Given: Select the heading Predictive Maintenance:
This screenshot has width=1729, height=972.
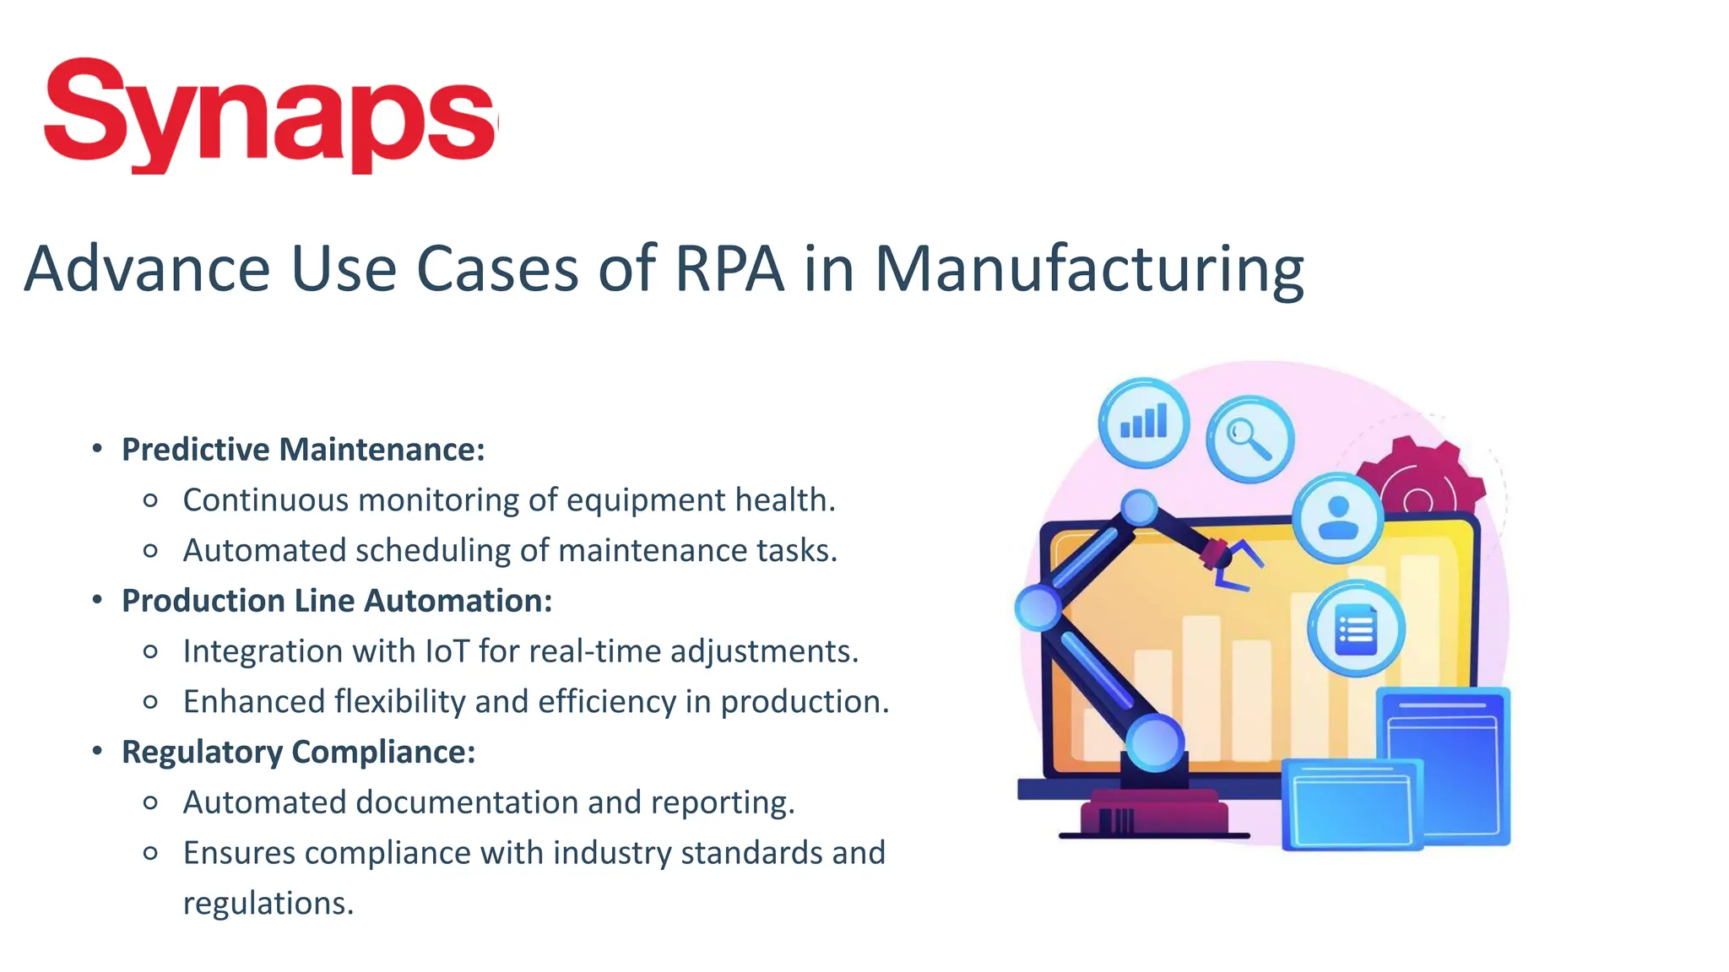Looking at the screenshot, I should (303, 450).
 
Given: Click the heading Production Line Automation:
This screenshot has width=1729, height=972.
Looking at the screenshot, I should (337, 601).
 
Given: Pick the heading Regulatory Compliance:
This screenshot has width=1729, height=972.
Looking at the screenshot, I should (299, 752).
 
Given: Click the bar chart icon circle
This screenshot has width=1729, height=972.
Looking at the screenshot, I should (1144, 422).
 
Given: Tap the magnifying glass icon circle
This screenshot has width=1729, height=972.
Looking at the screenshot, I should (1249, 439).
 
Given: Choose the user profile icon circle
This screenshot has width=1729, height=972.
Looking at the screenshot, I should (1338, 518).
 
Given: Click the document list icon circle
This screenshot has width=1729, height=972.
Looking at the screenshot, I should (1356, 629).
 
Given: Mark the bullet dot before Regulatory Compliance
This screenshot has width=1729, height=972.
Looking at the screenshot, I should (98, 750).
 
